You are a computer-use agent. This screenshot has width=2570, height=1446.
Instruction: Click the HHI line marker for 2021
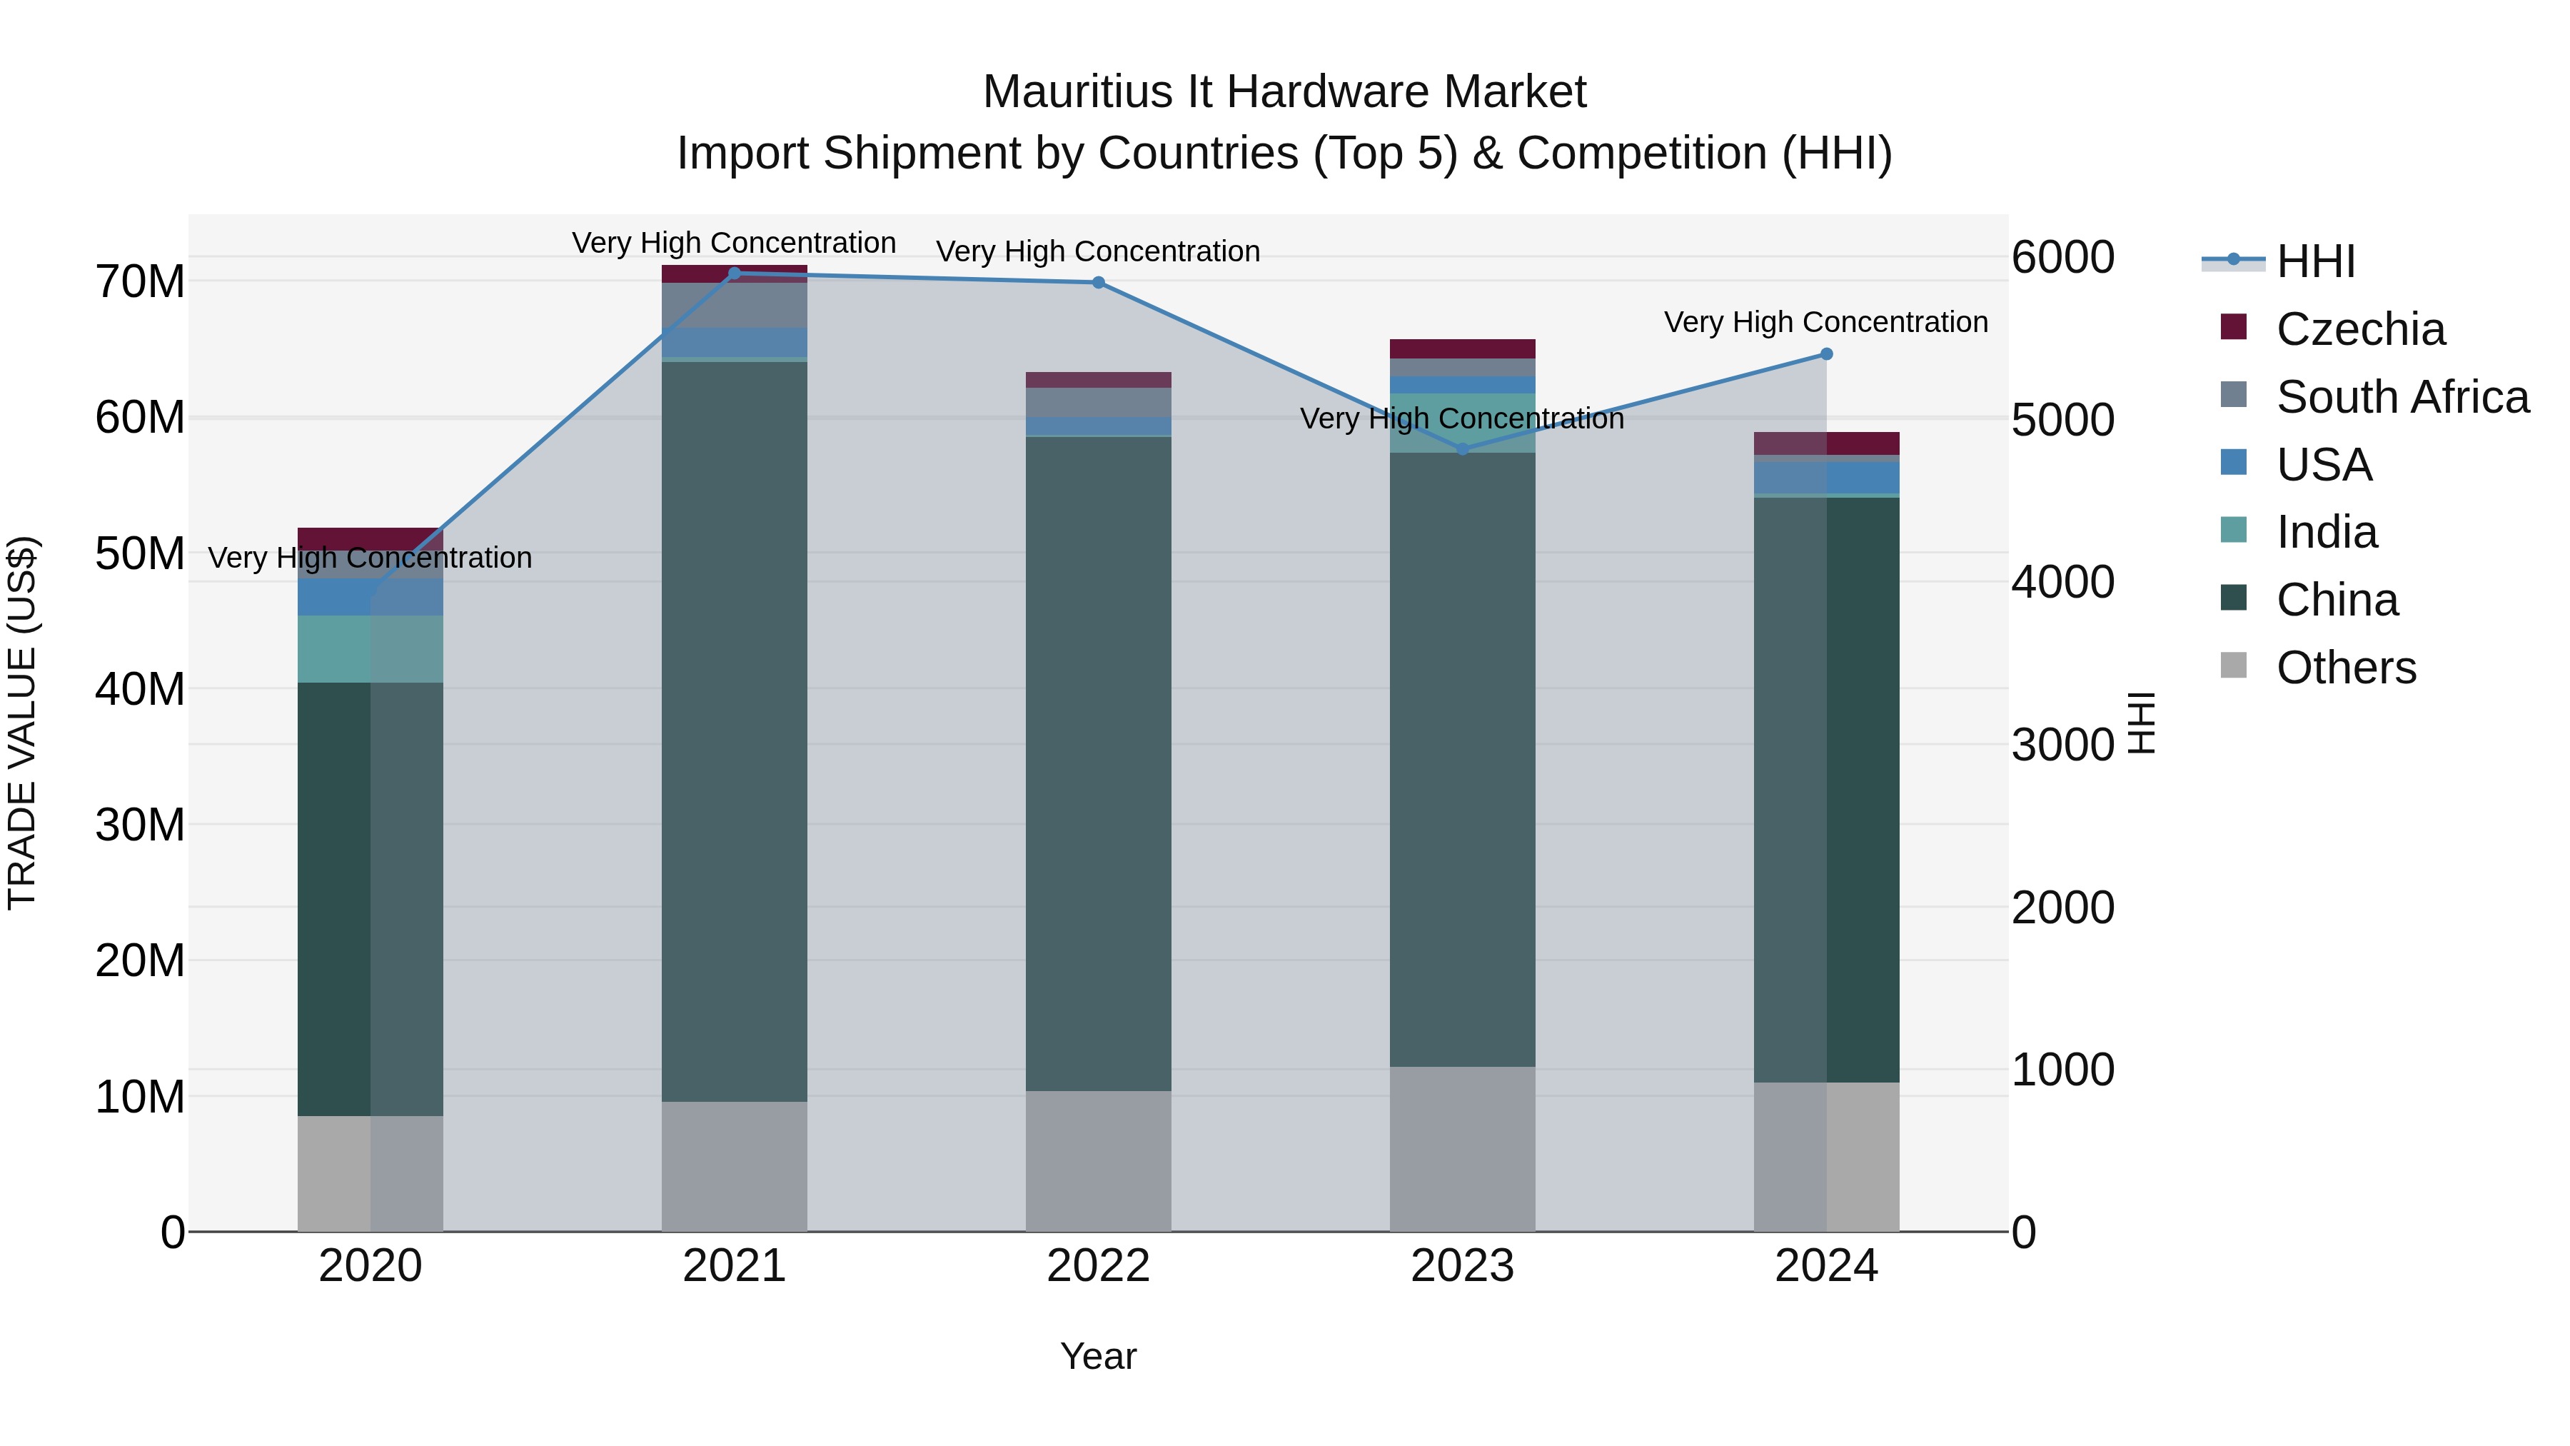click(735, 273)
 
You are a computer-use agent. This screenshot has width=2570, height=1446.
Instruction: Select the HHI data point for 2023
click(1463, 449)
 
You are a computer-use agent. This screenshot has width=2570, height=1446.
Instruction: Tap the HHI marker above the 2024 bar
click(1827, 354)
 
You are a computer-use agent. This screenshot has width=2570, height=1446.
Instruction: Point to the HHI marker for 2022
click(1099, 282)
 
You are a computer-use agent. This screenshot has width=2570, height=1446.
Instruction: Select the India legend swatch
click(2234, 530)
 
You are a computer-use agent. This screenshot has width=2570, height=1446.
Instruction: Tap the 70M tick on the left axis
click(140, 282)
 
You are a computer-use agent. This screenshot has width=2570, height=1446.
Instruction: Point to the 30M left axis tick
click(140, 825)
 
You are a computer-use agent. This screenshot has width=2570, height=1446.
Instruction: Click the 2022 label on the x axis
click(1099, 1266)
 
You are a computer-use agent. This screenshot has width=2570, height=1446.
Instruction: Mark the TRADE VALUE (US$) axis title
click(22, 723)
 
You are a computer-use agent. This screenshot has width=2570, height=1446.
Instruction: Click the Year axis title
click(1099, 1356)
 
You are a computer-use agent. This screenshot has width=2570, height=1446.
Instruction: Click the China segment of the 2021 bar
click(735, 728)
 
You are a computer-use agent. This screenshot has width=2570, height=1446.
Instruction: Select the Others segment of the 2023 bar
click(1463, 1148)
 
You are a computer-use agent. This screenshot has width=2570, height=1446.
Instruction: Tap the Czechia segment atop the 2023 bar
click(1463, 348)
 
